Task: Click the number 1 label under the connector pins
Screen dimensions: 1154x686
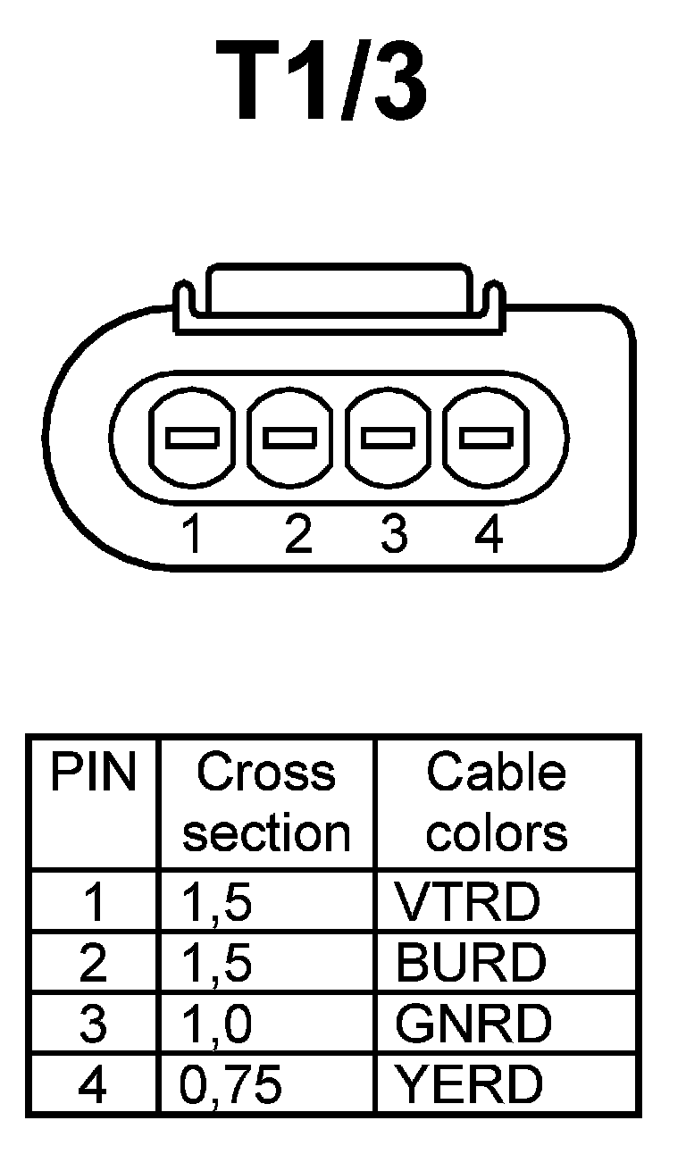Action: (x=190, y=535)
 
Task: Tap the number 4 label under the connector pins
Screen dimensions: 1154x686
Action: (x=488, y=535)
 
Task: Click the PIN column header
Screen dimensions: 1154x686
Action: (x=93, y=774)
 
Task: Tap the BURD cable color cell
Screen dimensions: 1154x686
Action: (x=470, y=963)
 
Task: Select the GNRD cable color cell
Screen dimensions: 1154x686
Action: (x=473, y=1024)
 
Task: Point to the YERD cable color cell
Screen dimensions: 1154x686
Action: (x=469, y=1084)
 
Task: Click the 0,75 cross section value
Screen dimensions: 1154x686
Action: (x=230, y=1084)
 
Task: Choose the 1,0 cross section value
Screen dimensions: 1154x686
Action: (x=216, y=1024)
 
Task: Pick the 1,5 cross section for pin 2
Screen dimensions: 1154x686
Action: (x=216, y=963)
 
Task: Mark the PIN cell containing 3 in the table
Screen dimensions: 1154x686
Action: (x=93, y=1024)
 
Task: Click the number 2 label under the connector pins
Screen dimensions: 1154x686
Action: (x=297, y=535)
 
